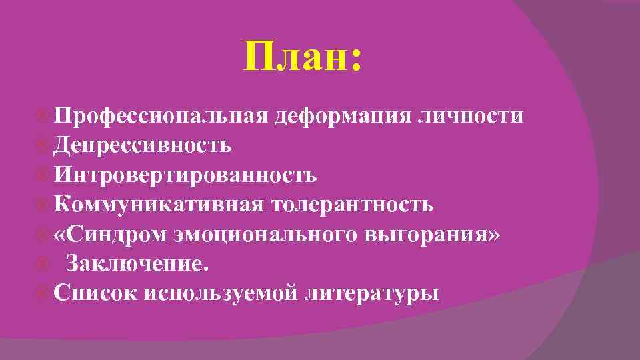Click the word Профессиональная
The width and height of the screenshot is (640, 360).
pyautogui.click(x=160, y=117)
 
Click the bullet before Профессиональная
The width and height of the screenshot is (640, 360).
pyautogui.click(x=43, y=117)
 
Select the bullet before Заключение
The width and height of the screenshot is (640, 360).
pyautogui.click(x=43, y=263)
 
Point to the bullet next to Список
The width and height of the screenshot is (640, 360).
pyautogui.click(x=43, y=293)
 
